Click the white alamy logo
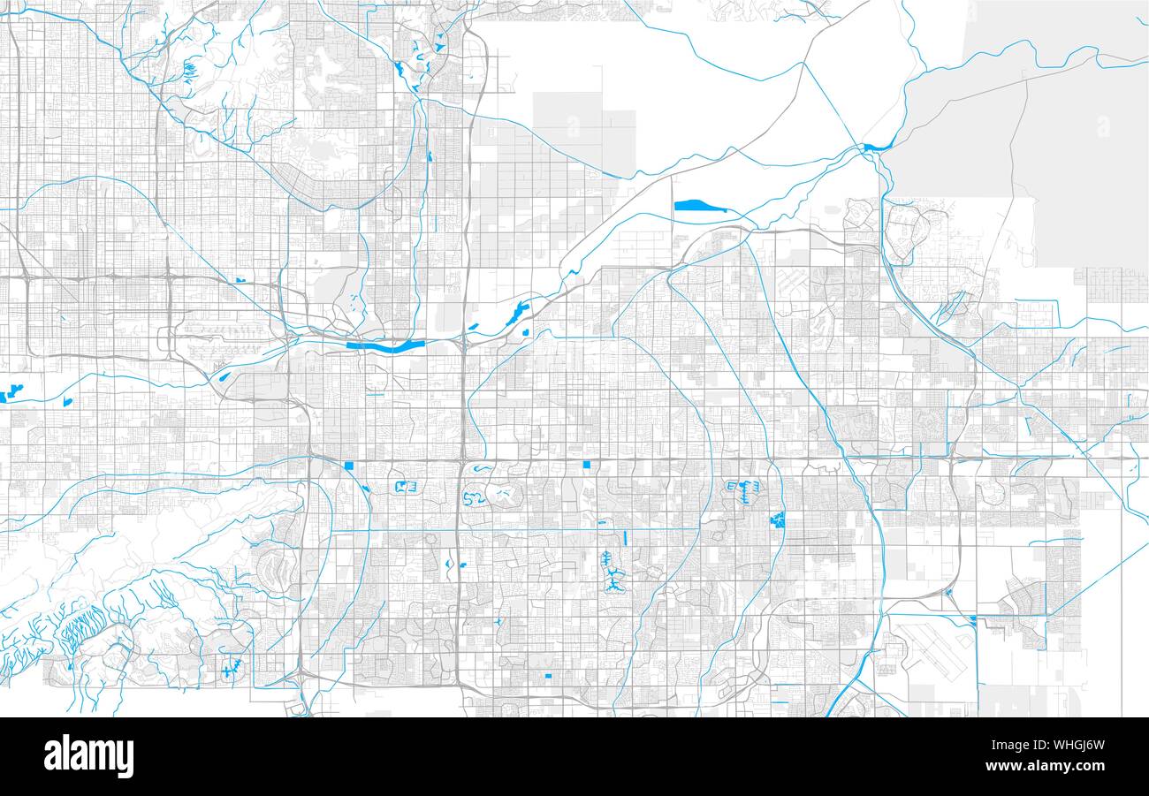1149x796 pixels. pyautogui.click(x=88, y=757)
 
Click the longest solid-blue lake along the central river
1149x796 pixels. pyautogui.click(x=386, y=346)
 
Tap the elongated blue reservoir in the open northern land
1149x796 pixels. pyautogui.click(x=700, y=207)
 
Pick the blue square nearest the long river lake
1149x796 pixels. pyautogui.click(x=349, y=466)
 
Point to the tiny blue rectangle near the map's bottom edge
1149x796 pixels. pyautogui.click(x=548, y=677)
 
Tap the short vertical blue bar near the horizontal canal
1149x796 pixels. pyautogui.click(x=625, y=536)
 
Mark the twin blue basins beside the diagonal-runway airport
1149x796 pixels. pyautogui.click(x=972, y=622)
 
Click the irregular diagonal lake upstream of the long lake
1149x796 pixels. pyautogui.click(x=514, y=313)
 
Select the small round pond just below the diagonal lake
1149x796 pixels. pyautogui.click(x=526, y=333)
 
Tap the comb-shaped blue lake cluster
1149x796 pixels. pyautogui.click(x=744, y=489)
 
